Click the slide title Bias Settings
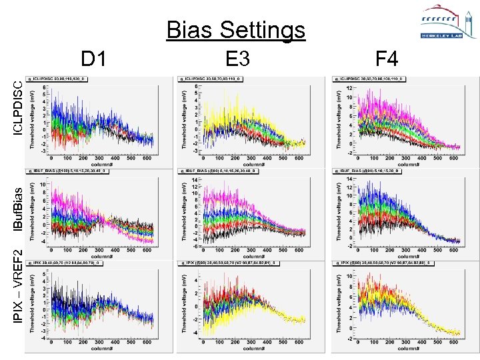point(235,30)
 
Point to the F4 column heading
point(387,60)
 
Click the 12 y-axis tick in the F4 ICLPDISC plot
point(349,88)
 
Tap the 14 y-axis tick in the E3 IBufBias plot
point(195,180)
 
